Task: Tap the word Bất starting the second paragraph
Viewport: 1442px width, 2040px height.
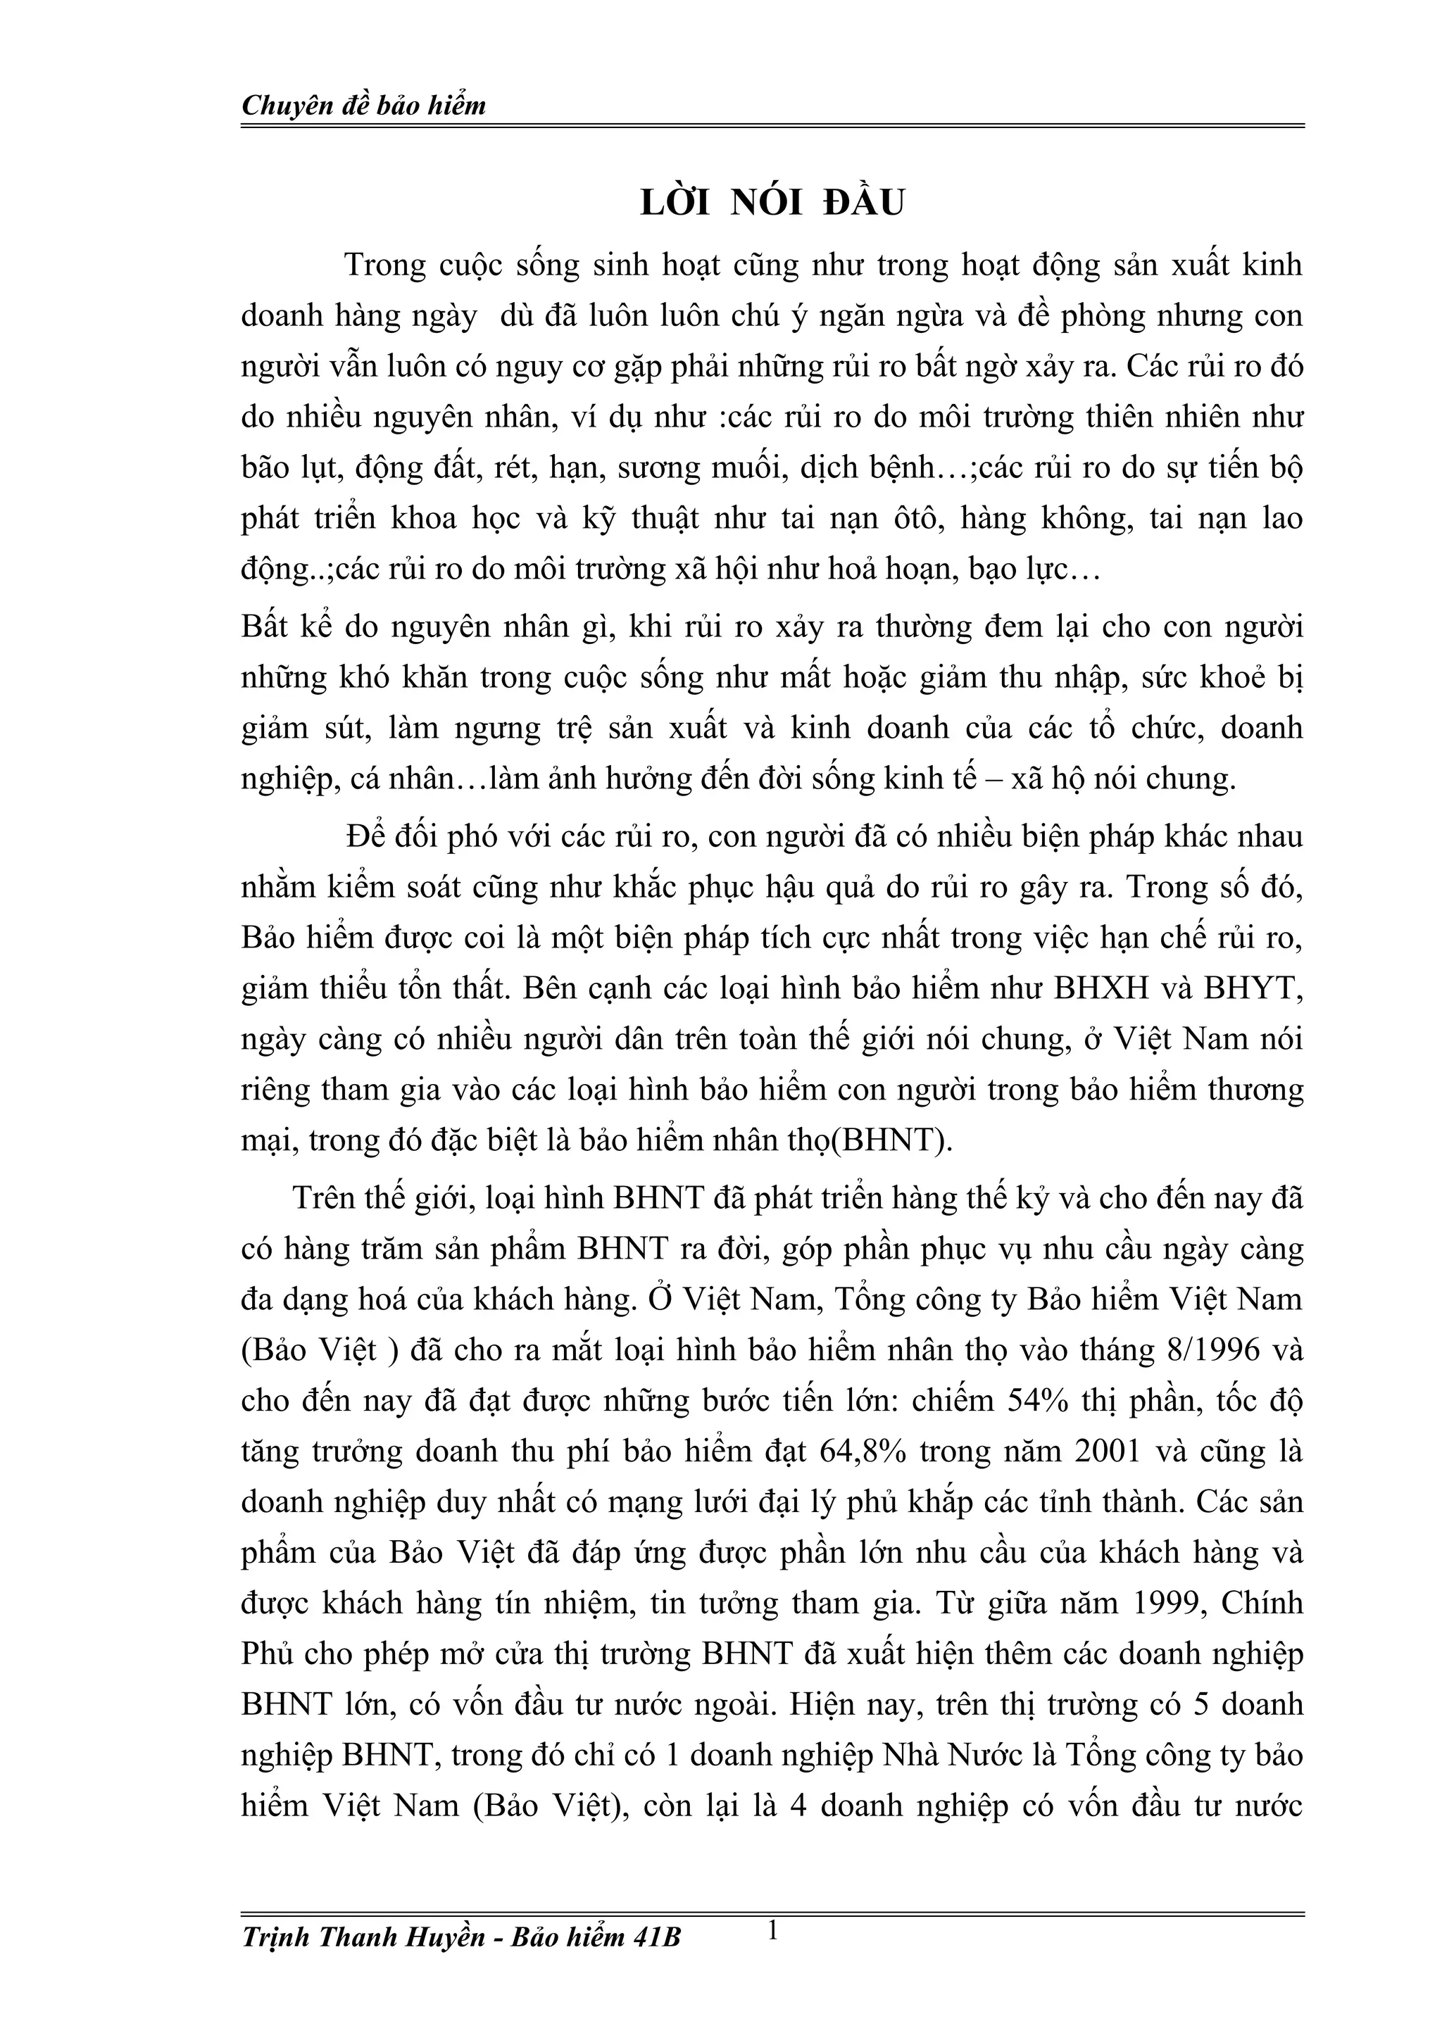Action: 265,627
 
